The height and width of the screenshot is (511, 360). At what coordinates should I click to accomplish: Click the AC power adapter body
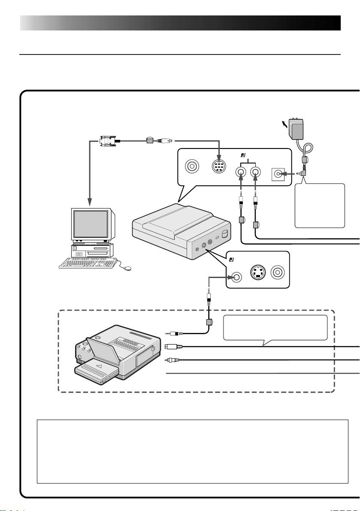point(299,129)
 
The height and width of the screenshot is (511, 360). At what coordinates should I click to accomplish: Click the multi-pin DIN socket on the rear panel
point(219,166)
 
